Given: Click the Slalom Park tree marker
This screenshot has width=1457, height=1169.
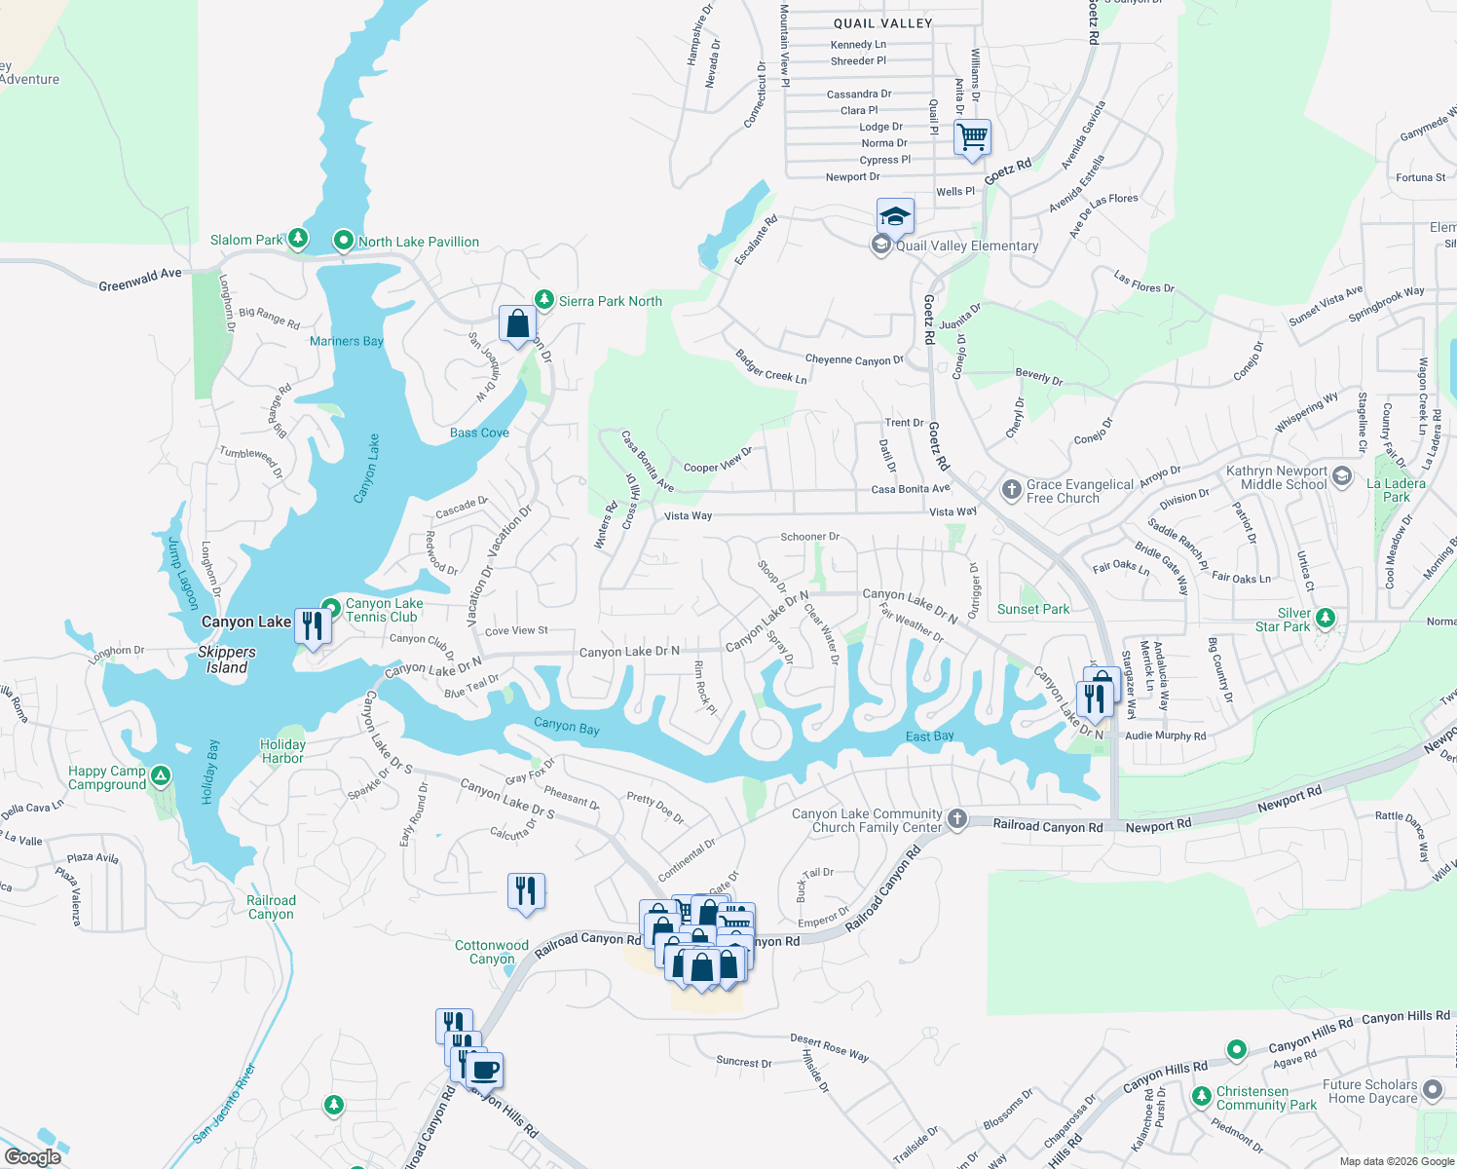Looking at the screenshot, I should point(298,239).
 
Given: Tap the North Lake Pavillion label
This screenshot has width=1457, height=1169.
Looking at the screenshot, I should point(418,242).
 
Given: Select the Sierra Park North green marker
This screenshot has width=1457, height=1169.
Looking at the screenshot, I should point(544,300).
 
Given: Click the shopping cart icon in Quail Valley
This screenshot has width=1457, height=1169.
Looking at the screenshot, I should point(972,136).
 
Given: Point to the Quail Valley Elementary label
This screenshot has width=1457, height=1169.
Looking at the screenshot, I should point(966,245).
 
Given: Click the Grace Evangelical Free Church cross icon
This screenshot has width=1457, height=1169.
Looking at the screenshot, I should point(1012,488).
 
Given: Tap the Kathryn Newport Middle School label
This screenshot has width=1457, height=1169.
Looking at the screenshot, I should point(1276,477).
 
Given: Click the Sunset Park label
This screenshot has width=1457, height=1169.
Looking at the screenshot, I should point(1033,609).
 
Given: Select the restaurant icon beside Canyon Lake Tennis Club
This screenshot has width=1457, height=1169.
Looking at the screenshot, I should point(313,625).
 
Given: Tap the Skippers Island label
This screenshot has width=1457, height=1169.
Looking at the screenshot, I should point(227,660).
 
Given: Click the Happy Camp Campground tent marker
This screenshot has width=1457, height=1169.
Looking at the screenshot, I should point(161,776).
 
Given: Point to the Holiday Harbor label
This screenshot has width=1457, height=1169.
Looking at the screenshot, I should point(282,751).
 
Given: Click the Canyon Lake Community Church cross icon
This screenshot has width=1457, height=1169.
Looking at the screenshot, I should point(957,818).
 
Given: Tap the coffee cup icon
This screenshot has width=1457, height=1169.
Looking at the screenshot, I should point(484,1070).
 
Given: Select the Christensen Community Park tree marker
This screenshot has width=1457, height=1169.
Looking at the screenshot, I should point(1200,1097).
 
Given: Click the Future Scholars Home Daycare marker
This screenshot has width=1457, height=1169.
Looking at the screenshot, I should point(1433,1089).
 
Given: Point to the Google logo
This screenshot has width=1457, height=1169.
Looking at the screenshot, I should point(33,1157).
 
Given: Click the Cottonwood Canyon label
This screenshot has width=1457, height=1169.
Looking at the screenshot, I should point(492,952).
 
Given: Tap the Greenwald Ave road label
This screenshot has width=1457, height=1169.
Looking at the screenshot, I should point(139,280).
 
